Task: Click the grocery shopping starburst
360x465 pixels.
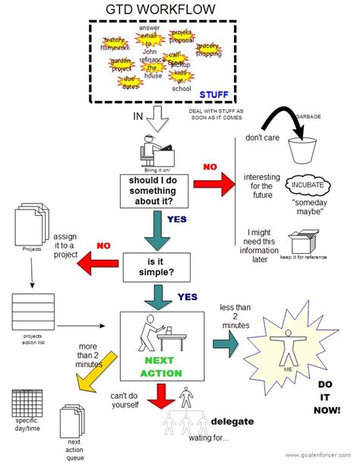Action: pos(209,50)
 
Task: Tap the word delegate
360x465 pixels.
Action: pos(232,422)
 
